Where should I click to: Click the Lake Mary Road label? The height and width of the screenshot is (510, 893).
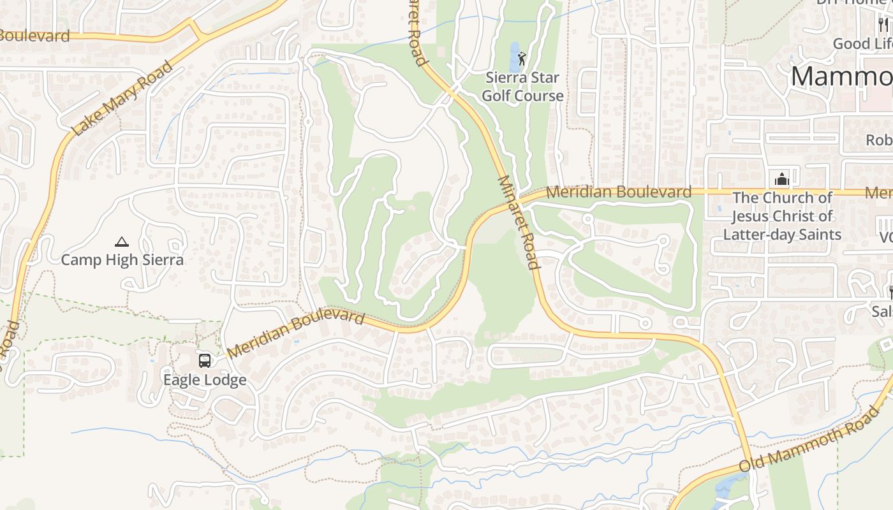[x=122, y=98]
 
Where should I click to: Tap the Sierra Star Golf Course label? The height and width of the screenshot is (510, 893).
[x=522, y=87]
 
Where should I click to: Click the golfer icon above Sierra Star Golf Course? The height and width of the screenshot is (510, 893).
[x=522, y=59]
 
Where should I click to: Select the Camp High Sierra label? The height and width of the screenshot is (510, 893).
[x=122, y=259]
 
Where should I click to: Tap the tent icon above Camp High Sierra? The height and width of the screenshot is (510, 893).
[x=122, y=242]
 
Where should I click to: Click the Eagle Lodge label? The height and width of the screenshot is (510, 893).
[x=205, y=380]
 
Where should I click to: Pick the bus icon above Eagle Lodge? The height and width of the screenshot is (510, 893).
[x=205, y=361]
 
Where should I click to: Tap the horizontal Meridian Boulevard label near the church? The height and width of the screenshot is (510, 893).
[x=618, y=191]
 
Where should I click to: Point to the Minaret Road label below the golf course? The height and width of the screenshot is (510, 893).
[x=518, y=222]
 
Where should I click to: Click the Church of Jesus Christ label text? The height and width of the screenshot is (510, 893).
[x=782, y=216]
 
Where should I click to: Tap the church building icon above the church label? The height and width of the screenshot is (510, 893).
[x=782, y=179]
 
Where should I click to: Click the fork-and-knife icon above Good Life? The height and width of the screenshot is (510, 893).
[x=883, y=25]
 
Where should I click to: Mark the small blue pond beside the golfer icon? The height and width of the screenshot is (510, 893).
[x=515, y=57]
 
